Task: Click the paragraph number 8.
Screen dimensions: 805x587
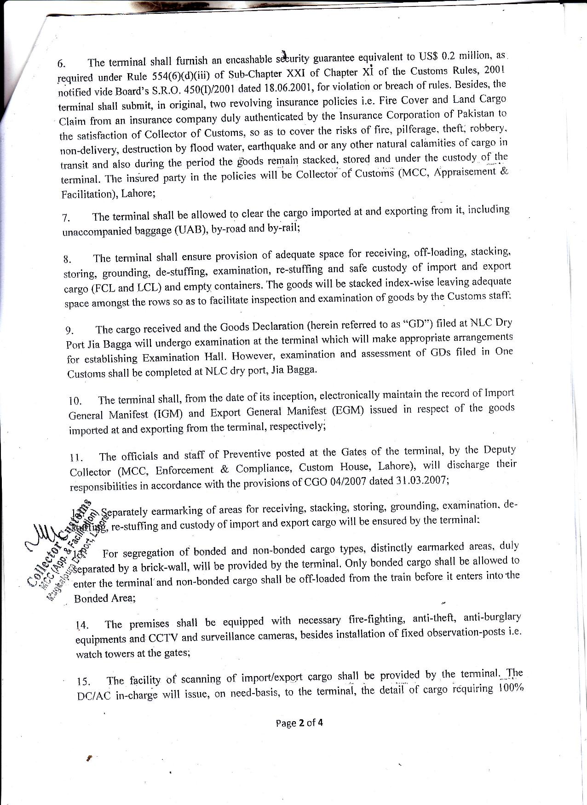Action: (68, 260)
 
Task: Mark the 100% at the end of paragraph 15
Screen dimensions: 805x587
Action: (510, 689)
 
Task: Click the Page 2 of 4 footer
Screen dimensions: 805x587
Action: (299, 723)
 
